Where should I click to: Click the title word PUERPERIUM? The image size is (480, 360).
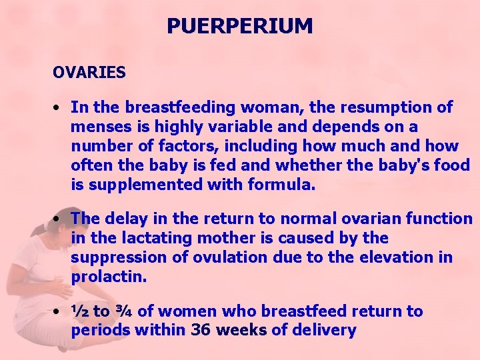[239, 26]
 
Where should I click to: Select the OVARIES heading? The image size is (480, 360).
[89, 73]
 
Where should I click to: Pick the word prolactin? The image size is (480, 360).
[107, 276]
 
